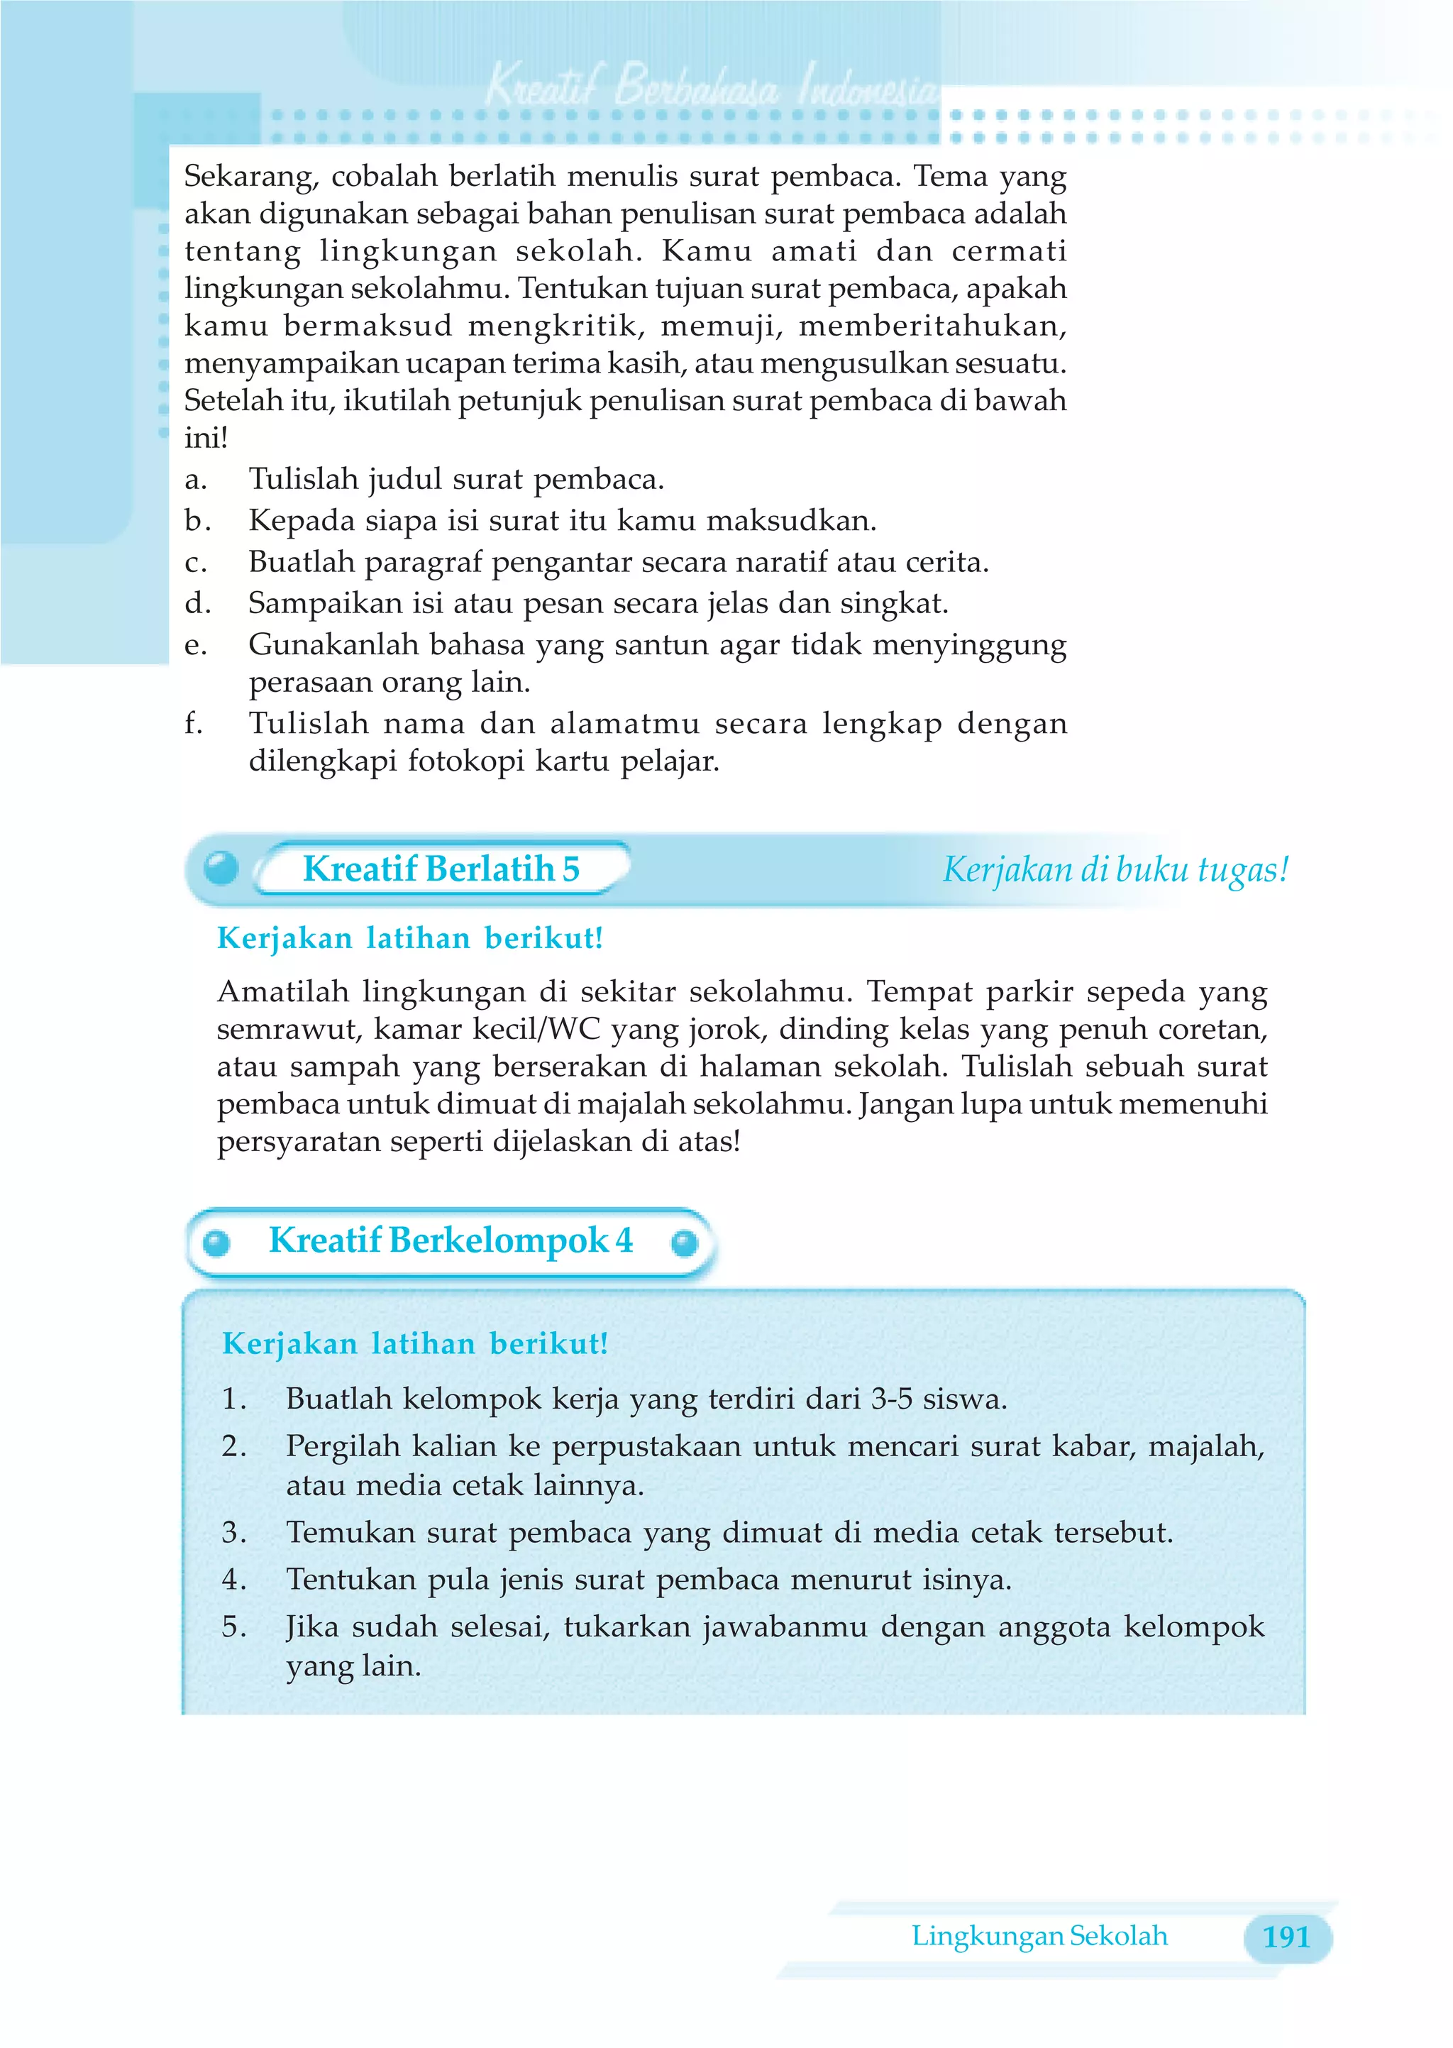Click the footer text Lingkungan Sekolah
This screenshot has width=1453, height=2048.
[x=1039, y=1936]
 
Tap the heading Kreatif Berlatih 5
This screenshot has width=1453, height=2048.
[x=441, y=869]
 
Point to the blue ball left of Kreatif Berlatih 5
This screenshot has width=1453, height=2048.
[x=221, y=867]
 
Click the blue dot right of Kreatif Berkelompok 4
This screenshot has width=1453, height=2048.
[x=685, y=1243]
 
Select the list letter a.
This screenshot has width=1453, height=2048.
[x=195, y=480]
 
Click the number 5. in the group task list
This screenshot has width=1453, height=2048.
[x=234, y=1626]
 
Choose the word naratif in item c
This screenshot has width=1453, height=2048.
[x=781, y=562]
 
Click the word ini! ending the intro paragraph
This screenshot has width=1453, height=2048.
[x=206, y=438]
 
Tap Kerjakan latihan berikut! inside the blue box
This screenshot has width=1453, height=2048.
[x=414, y=1344]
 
